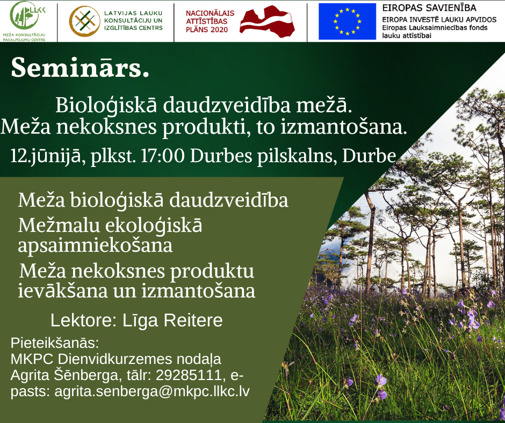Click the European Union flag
pyautogui.click(x=347, y=21)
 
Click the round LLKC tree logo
pyautogui.click(x=25, y=16)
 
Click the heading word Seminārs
pyautogui.click(x=80, y=68)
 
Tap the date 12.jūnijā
pyautogui.click(x=46, y=156)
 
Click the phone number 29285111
pyautogui.click(x=189, y=375)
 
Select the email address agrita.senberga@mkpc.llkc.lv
pyautogui.click(x=152, y=392)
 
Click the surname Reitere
pyautogui.click(x=193, y=320)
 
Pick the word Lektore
pyautogui.click(x=83, y=320)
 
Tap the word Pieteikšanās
pyautogui.click(x=55, y=343)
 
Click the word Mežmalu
pyautogui.click(x=59, y=225)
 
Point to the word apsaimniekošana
pyautogui.click(x=95, y=246)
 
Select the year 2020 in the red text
pyautogui.click(x=218, y=30)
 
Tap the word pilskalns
pyautogui.click(x=297, y=156)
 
